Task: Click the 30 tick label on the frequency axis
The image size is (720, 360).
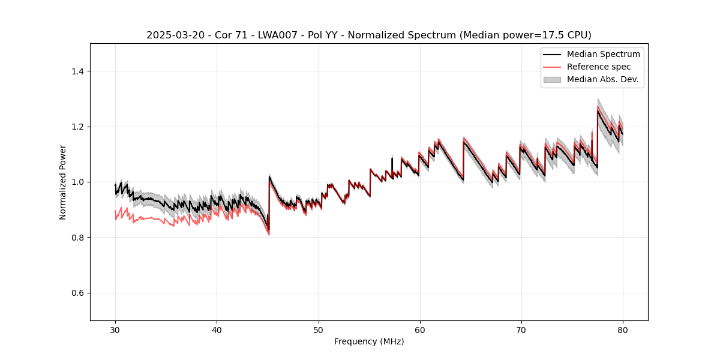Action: pos(115,330)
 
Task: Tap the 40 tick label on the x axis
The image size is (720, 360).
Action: pos(217,330)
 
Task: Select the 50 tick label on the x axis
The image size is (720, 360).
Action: pos(318,330)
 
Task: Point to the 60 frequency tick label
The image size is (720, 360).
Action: pos(419,330)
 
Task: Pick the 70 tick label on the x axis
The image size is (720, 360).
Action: pos(521,330)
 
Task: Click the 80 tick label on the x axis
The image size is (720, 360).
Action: pos(622,330)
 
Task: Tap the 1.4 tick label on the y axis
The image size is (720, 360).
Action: pos(77,71)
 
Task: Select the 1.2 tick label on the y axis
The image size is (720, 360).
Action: pos(77,127)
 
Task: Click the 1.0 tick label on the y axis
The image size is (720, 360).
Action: pos(77,182)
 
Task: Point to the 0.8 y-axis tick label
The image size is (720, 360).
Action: pos(77,238)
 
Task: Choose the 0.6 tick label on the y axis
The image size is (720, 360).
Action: pos(77,293)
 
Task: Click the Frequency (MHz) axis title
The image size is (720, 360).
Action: pos(369,342)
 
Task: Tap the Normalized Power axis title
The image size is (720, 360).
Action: pos(63,182)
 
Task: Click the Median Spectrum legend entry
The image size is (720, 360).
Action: pos(603,54)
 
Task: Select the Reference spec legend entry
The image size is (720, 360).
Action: pos(598,67)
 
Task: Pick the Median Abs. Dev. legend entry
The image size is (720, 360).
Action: pos(602,79)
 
